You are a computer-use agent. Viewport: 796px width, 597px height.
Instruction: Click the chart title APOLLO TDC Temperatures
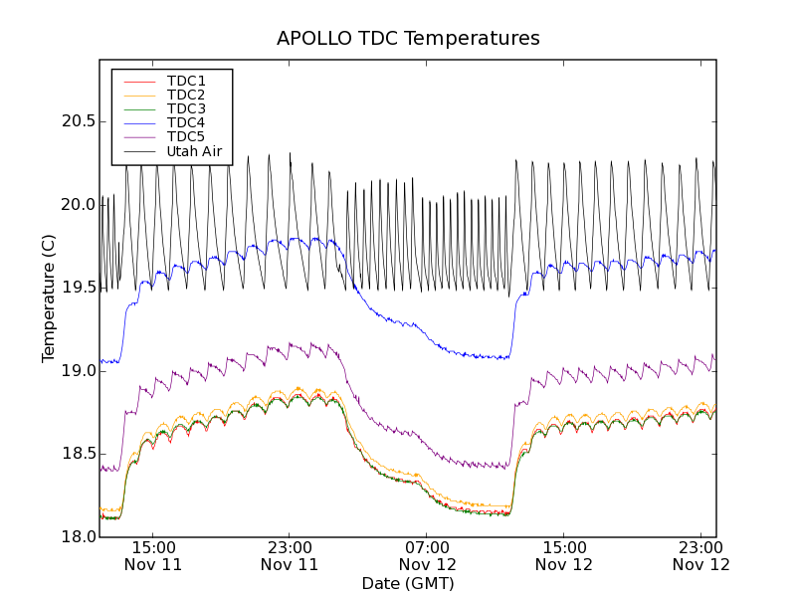coord(408,39)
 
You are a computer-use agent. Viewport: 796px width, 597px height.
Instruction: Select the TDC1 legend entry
coord(186,81)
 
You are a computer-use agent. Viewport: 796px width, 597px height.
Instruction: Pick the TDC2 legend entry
coord(186,95)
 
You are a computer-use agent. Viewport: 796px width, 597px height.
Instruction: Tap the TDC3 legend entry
coord(186,108)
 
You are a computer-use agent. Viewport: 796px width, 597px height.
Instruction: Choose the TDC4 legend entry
coord(186,122)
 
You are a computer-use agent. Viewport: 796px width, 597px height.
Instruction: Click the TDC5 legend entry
coord(186,136)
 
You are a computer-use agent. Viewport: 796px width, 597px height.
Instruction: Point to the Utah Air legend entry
coord(193,152)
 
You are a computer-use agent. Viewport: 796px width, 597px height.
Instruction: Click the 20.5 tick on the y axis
coord(78,121)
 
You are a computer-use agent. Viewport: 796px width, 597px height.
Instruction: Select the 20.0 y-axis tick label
coord(78,205)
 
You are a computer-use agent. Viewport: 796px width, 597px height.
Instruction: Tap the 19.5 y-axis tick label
coord(78,288)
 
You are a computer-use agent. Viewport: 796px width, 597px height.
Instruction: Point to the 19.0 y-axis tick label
coord(78,371)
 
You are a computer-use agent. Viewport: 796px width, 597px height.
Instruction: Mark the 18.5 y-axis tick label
coord(78,454)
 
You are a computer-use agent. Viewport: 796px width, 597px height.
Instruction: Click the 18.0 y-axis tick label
coord(78,537)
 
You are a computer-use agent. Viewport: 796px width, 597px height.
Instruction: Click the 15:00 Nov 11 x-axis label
coord(153,555)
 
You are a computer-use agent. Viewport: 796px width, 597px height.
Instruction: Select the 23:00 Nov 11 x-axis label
coord(290,555)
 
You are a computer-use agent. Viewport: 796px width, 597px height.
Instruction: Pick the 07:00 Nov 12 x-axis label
coord(427,555)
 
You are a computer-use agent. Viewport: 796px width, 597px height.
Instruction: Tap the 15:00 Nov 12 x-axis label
coord(564,555)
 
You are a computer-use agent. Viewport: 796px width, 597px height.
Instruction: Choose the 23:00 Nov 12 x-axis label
coord(700,555)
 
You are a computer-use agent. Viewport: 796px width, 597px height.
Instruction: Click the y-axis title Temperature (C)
coord(49,298)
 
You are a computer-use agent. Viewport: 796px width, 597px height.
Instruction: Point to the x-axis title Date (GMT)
coord(408,583)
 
